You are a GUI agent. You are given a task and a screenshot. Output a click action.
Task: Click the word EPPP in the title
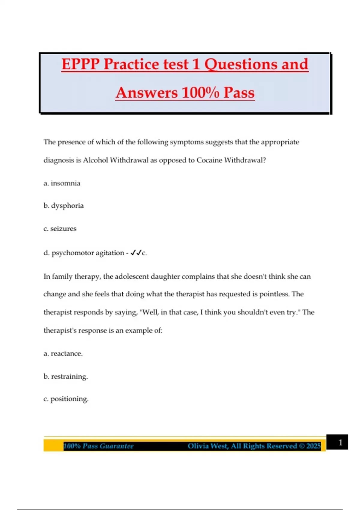80,64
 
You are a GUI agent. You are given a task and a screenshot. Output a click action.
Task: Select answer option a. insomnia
62,183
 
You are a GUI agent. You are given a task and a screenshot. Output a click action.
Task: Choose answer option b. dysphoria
64,206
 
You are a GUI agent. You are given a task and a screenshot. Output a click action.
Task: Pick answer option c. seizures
60,229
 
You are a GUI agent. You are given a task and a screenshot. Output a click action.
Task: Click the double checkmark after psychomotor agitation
136,253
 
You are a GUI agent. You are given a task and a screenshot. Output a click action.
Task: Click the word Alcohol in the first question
95,160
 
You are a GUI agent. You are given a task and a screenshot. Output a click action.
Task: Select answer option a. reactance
63,353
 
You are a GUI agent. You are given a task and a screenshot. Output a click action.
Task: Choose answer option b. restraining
66,376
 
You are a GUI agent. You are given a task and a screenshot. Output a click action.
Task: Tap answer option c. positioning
66,399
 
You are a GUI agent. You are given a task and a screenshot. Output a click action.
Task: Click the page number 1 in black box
340,442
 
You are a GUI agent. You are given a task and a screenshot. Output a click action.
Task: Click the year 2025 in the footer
313,446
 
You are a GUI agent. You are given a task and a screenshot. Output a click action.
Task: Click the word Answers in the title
147,92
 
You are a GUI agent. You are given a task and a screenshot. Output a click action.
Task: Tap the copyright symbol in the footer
301,446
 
